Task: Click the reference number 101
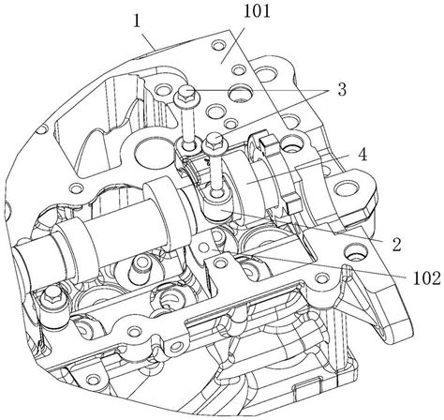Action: (257, 13)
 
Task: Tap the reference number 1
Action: (137, 22)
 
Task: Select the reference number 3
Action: (342, 90)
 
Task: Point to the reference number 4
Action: (362, 155)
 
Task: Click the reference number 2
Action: (396, 245)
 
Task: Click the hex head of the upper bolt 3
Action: (185, 93)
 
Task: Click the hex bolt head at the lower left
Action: (52, 294)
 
